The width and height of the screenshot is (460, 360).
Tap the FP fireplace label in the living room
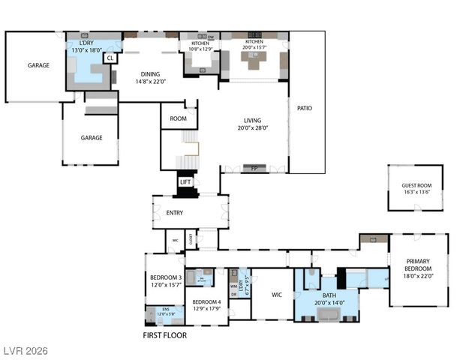tap(254, 168)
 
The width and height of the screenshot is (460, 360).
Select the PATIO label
tap(304, 108)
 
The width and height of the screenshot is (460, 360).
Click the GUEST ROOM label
tap(416, 185)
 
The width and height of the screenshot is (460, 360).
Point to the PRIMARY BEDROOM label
tap(418, 265)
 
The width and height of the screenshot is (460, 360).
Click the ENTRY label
tap(174, 212)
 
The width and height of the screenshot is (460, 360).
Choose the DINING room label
tap(151, 73)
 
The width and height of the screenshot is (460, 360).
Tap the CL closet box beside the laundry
tap(110, 57)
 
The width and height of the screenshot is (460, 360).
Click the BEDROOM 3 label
tap(164, 278)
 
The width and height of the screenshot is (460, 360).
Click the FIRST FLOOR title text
tap(165, 334)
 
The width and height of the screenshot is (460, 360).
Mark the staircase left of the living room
tap(189, 151)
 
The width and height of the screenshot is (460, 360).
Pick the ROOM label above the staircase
tap(178, 118)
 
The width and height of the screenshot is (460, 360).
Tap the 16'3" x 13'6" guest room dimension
tap(416, 192)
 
